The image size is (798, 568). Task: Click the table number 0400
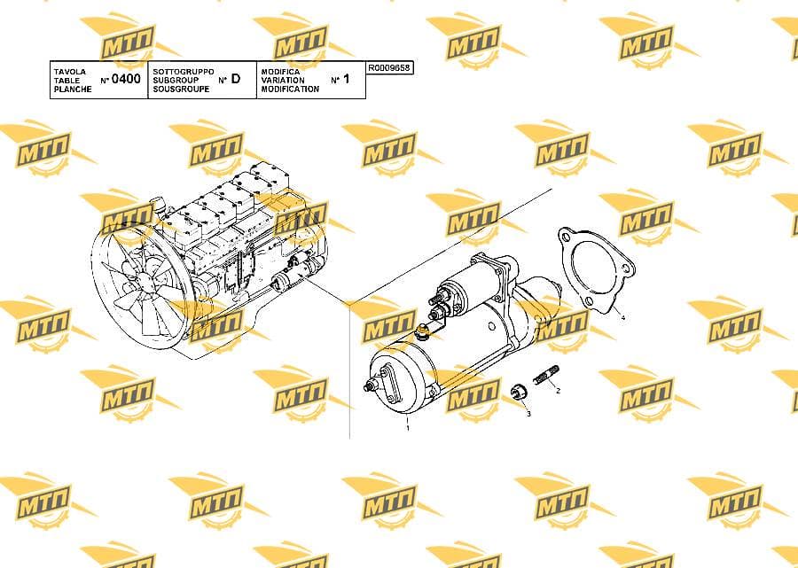point(126,79)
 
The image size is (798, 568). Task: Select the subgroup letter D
point(236,79)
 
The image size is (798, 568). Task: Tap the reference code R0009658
point(389,67)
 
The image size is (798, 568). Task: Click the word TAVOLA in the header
point(70,72)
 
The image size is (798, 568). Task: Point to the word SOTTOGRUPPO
point(184,72)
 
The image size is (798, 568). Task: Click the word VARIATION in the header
point(283,81)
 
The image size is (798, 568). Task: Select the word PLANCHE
point(73,89)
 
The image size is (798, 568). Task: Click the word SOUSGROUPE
point(181,89)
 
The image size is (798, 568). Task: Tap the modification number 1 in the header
point(347,79)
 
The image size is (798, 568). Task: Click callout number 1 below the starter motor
point(408,428)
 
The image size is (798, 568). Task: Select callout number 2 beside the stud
point(559,391)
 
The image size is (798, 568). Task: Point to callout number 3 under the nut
point(528,414)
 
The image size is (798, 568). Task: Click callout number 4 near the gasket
point(622,318)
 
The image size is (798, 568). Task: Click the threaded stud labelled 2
point(545,374)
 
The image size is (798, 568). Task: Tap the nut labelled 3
point(518,393)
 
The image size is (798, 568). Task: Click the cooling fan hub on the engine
point(146,281)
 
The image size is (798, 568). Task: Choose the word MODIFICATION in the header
point(290,89)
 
